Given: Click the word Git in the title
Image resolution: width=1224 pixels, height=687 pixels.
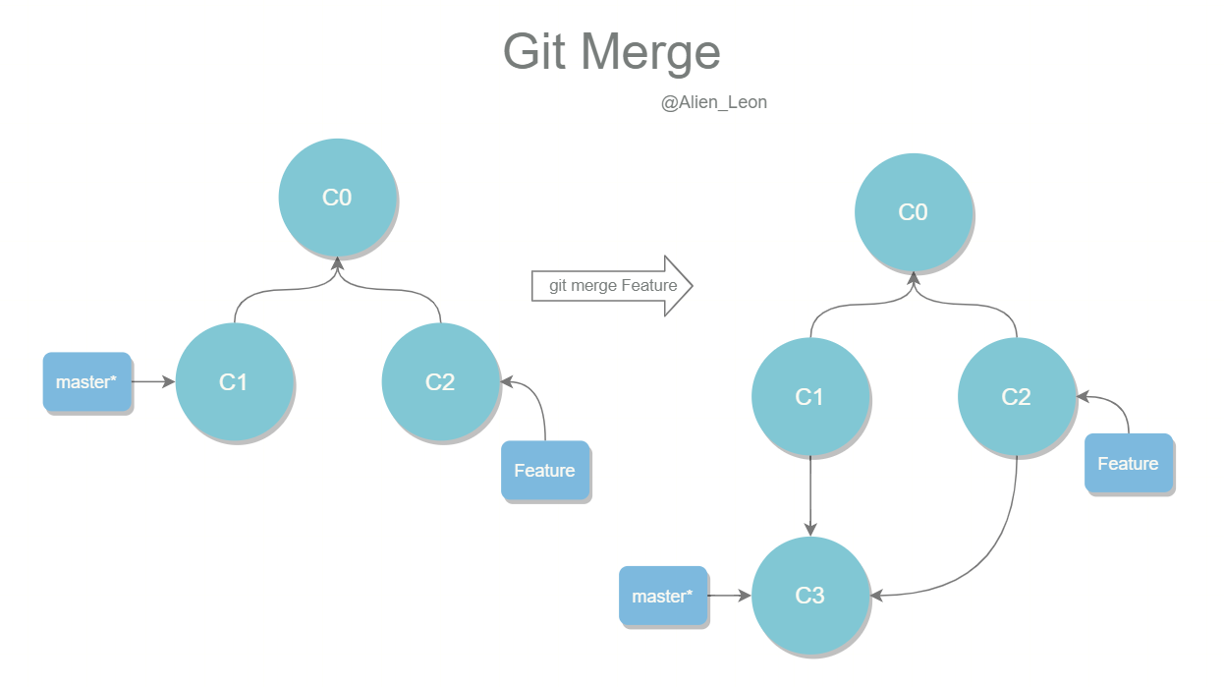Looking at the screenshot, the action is pyautogui.click(x=533, y=51).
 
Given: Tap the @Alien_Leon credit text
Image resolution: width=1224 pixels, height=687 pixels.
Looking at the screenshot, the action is pyautogui.click(x=713, y=102).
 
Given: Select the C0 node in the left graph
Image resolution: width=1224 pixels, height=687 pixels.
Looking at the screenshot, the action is pyautogui.click(x=337, y=198).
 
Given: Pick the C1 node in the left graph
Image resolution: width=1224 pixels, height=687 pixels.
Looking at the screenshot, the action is pyautogui.click(x=234, y=382).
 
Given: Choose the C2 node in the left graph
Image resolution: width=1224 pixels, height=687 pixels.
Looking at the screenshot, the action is pyautogui.click(x=440, y=382).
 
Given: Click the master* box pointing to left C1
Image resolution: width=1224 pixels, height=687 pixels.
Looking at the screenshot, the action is pyautogui.click(x=86, y=381).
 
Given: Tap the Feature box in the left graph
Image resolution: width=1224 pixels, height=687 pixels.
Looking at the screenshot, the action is pyautogui.click(x=545, y=470).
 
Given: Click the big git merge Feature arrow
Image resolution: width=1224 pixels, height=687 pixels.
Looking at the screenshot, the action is pyautogui.click(x=612, y=285).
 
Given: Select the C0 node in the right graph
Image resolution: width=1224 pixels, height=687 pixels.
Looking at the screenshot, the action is pyautogui.click(x=914, y=212).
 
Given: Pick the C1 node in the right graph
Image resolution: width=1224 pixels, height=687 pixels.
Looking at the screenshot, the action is pyautogui.click(x=810, y=397).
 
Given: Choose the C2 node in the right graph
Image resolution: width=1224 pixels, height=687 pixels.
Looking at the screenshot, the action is pyautogui.click(x=1017, y=397).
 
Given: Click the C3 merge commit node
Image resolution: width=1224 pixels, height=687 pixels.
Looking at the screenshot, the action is pyautogui.click(x=810, y=596).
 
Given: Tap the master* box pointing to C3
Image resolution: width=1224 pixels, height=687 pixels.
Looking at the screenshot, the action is pyautogui.click(x=663, y=596).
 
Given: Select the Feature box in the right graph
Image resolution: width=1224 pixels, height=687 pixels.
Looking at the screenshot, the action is pyautogui.click(x=1129, y=463).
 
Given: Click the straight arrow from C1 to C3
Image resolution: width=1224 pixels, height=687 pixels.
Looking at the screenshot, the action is pyautogui.click(x=810, y=495).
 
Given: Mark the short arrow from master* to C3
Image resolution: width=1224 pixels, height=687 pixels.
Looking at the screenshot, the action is pyautogui.click(x=730, y=596).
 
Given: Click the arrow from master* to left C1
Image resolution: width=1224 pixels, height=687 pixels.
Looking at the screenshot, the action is pyautogui.click(x=153, y=381).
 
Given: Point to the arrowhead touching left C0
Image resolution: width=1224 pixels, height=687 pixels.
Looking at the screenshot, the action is pyautogui.click(x=338, y=263).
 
